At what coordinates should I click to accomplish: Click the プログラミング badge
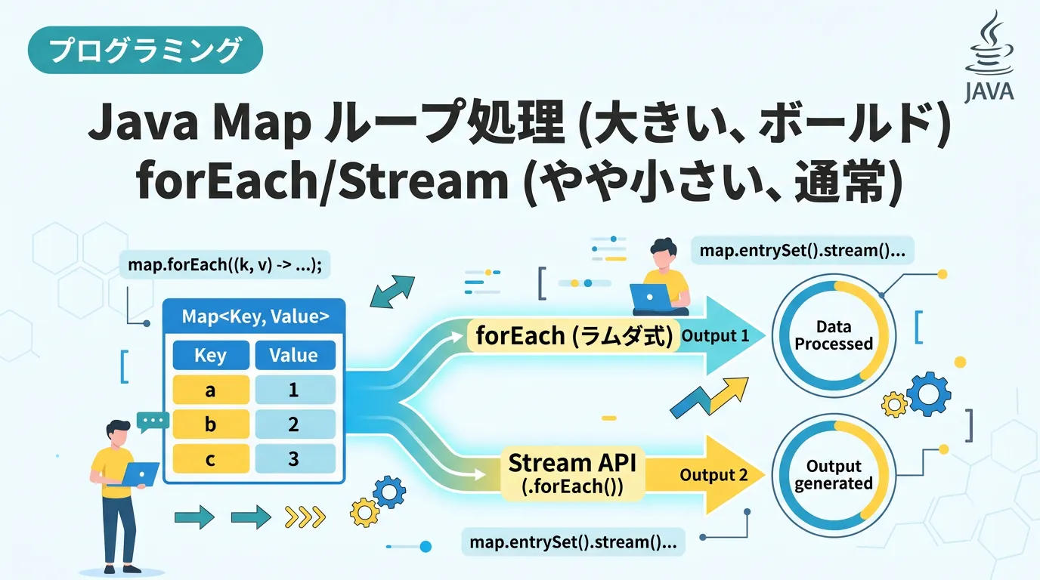click(x=145, y=51)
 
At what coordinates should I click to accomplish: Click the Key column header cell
click(x=210, y=355)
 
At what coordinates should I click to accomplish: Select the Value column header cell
click(x=294, y=355)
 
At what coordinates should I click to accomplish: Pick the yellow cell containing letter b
click(x=210, y=424)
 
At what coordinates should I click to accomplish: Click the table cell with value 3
click(x=294, y=458)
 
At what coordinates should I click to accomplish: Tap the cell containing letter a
click(x=210, y=390)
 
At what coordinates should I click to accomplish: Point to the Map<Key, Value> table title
click(x=255, y=317)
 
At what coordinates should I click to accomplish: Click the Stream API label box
click(x=571, y=474)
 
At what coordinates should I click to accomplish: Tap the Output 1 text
click(x=715, y=335)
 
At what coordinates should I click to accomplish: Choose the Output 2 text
click(x=713, y=475)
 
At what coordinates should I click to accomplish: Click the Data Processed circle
click(x=834, y=335)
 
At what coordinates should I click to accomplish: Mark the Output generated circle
click(x=834, y=475)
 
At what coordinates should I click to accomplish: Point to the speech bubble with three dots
click(x=153, y=421)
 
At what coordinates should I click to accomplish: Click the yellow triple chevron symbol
click(x=305, y=517)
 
